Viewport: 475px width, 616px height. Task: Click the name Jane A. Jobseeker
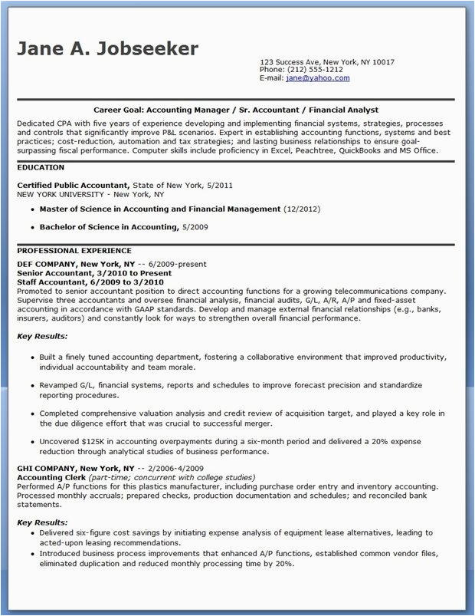click(107, 49)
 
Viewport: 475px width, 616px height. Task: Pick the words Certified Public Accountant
click(73, 186)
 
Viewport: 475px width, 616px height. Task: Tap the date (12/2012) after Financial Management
click(302, 209)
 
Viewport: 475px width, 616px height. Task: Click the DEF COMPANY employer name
click(47, 263)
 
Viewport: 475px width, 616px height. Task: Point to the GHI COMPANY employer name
click(47, 468)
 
